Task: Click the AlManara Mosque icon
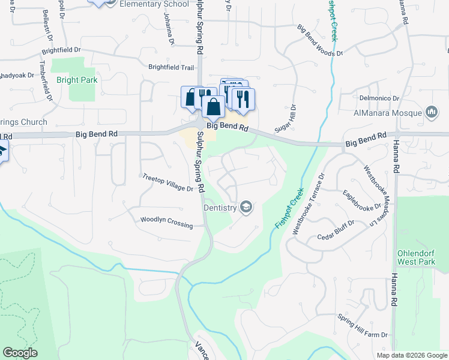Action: point(431,112)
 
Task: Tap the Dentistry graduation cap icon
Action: point(245,208)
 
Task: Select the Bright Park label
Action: point(76,80)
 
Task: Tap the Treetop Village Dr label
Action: point(167,183)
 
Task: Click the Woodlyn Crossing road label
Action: point(166,222)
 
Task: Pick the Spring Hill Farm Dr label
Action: point(363,326)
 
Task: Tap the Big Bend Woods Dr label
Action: point(320,40)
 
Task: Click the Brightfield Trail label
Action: point(172,68)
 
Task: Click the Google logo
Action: point(20,353)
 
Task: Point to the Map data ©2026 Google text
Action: point(412,355)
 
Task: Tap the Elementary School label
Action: point(154,4)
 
